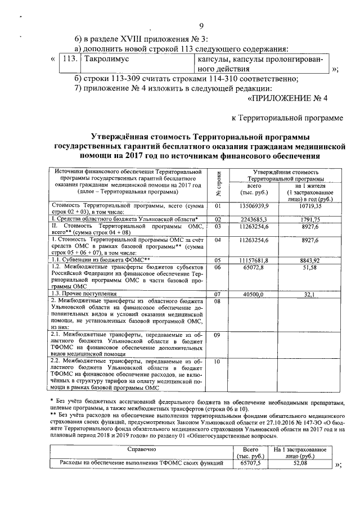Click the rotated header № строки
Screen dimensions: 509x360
tap(219, 183)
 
